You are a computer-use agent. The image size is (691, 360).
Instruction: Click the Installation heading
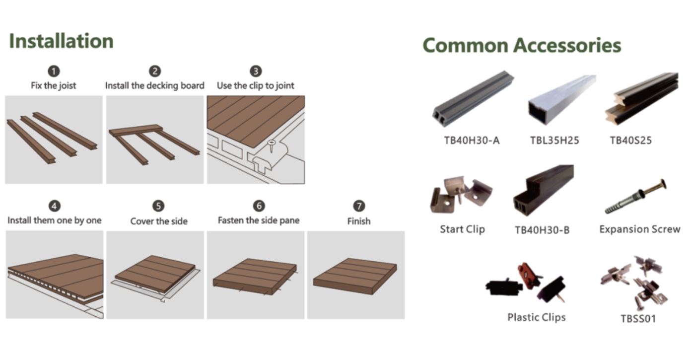pyautogui.click(x=62, y=41)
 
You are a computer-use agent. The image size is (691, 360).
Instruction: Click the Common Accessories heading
pyautogui.click(x=522, y=45)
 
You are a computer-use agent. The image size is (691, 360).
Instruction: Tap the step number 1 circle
pyautogui.click(x=54, y=72)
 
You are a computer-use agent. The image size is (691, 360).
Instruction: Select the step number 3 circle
pyautogui.click(x=256, y=72)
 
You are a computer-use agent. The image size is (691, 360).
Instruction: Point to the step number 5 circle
pyautogui.click(x=158, y=206)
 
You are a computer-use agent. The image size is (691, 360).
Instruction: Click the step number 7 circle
pyautogui.click(x=359, y=206)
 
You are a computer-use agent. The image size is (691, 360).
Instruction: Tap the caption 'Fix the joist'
pyautogui.click(x=54, y=85)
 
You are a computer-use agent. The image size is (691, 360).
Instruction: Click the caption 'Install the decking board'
pyautogui.click(x=155, y=85)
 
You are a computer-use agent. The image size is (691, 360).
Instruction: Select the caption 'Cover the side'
pyautogui.click(x=159, y=221)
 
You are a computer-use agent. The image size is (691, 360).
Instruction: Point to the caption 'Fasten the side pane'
pyautogui.click(x=259, y=220)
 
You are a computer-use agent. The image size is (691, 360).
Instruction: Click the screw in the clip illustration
pyautogui.click(x=272, y=145)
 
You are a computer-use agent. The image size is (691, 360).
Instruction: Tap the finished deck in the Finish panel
pyautogui.click(x=355, y=276)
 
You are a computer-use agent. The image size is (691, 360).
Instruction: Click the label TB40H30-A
pyautogui.click(x=472, y=141)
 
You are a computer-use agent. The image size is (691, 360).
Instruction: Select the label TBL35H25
pyautogui.click(x=554, y=141)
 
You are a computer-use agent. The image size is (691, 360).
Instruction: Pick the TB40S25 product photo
pyautogui.click(x=642, y=99)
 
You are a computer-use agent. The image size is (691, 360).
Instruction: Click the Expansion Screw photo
pyautogui.click(x=635, y=196)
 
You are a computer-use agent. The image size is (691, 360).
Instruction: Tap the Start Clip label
pyautogui.click(x=463, y=229)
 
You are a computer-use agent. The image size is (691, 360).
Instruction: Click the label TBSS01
pyautogui.click(x=638, y=319)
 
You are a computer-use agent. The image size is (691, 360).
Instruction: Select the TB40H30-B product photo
pyautogui.click(x=544, y=190)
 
